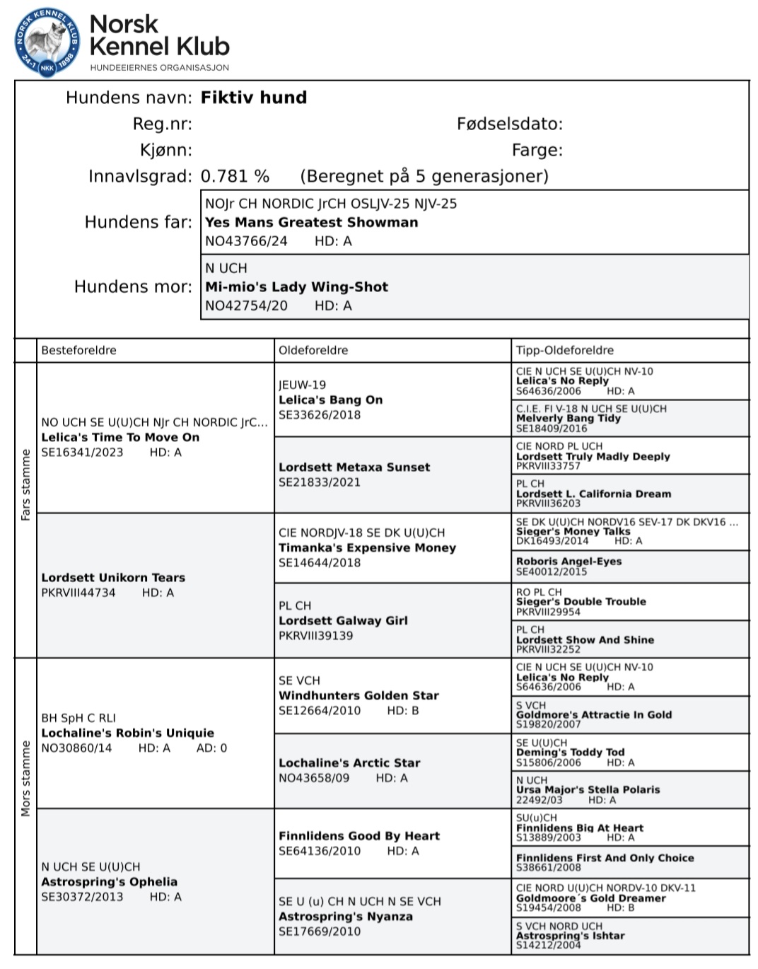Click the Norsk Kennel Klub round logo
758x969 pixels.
click(47, 42)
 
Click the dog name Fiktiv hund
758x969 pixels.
click(254, 98)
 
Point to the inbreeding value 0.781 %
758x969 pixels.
click(235, 176)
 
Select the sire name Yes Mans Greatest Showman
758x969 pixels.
click(311, 222)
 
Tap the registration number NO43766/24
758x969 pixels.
click(246, 241)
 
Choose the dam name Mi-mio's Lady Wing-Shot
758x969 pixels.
click(296, 287)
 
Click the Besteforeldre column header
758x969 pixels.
click(78, 350)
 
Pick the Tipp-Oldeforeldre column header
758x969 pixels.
click(564, 350)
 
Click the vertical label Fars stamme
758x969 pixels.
click(26, 484)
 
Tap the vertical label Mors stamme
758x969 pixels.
click(26, 778)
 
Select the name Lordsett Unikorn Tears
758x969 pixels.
click(113, 578)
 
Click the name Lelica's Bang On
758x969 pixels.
click(330, 400)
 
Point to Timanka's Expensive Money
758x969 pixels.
click(367, 547)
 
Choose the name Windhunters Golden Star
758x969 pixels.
click(358, 695)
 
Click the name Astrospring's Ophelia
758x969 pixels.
click(109, 881)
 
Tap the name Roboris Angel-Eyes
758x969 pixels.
click(568, 561)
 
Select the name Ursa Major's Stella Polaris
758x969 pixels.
click(588, 789)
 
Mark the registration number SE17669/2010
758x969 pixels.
click(320, 932)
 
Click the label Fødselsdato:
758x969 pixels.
click(509, 124)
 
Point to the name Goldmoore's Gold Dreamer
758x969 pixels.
click(590, 898)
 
